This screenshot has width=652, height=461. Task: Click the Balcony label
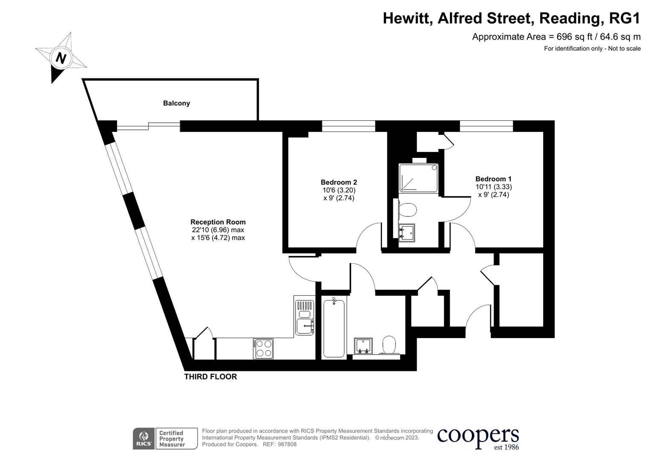[176, 103]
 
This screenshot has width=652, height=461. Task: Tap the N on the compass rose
[61, 58]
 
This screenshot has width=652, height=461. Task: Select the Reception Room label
[218, 222]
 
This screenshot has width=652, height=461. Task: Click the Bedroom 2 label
[339, 182]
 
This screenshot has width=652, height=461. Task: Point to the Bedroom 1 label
[493, 179]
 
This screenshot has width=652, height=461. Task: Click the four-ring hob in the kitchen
[263, 348]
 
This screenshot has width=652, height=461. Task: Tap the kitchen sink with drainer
[304, 316]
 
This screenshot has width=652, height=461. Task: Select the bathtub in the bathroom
[334, 328]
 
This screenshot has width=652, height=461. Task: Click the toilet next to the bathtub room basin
[389, 344]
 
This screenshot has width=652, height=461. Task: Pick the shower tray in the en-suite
[418, 178]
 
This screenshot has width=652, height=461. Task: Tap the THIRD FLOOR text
[211, 376]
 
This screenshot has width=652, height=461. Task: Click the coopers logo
[478, 438]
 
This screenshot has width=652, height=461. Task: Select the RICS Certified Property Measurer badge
[165, 438]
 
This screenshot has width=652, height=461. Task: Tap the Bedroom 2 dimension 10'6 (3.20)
[339, 190]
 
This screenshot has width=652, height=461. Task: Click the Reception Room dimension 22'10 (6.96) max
[218, 230]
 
